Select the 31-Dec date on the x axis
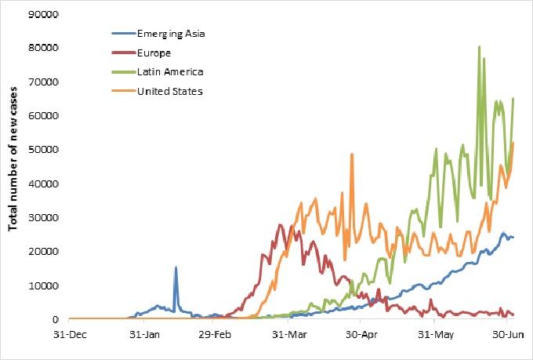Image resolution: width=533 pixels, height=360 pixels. point(70,333)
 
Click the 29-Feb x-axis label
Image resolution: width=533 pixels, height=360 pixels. point(214,333)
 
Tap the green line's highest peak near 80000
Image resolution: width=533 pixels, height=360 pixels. point(479,47)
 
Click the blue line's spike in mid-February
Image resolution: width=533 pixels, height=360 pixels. point(176,267)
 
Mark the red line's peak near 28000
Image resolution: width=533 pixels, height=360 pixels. point(281,225)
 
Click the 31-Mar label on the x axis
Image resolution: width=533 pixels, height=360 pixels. point(287,333)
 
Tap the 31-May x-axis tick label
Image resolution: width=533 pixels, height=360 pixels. point(433,333)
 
